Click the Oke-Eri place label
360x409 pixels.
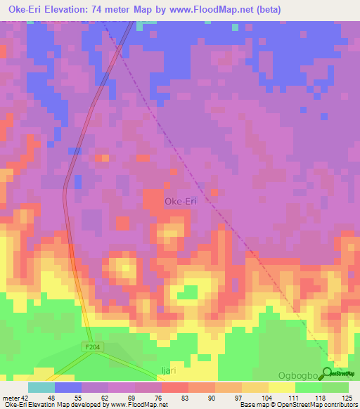click(x=180, y=202)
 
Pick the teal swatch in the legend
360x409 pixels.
click(x=41, y=387)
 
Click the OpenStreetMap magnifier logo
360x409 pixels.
click(x=328, y=374)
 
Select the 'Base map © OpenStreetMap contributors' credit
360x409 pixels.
click(x=297, y=405)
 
